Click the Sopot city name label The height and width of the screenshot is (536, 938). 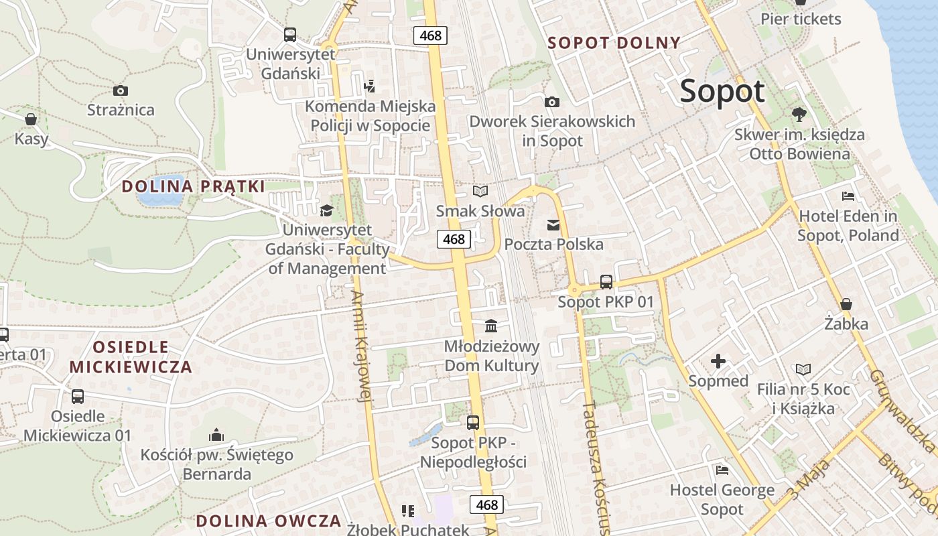pyautogui.click(x=722, y=91)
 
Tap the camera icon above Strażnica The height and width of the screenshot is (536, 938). pyautogui.click(x=121, y=90)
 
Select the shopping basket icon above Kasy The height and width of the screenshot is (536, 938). pyautogui.click(x=31, y=120)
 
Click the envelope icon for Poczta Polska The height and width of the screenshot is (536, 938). pyautogui.click(x=553, y=225)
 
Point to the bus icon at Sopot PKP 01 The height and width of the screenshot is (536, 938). pyautogui.click(x=606, y=281)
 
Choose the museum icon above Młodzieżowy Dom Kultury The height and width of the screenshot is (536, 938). pyautogui.click(x=491, y=326)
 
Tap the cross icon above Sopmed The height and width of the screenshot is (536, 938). pyautogui.click(x=718, y=362)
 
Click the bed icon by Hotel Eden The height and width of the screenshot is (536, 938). pyautogui.click(x=848, y=196)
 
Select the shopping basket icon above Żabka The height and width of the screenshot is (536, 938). pyautogui.click(x=846, y=304)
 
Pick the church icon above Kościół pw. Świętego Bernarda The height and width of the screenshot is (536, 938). pyautogui.click(x=216, y=435)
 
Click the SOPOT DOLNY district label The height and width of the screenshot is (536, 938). pyautogui.click(x=614, y=43)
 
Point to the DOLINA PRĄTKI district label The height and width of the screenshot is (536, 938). pyautogui.click(x=194, y=186)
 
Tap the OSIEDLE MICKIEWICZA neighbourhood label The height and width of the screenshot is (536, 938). pyautogui.click(x=131, y=357)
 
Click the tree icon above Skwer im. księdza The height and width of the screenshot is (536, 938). pyautogui.click(x=799, y=115)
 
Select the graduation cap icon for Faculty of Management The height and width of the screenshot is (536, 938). pyautogui.click(x=326, y=211)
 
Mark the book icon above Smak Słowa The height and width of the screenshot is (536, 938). pyautogui.click(x=480, y=192)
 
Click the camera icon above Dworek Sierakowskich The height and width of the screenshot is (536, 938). pyautogui.click(x=551, y=102)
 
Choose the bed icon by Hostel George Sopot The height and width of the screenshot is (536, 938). pyautogui.click(x=722, y=470)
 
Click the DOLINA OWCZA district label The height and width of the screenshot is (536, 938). pyautogui.click(x=269, y=521)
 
